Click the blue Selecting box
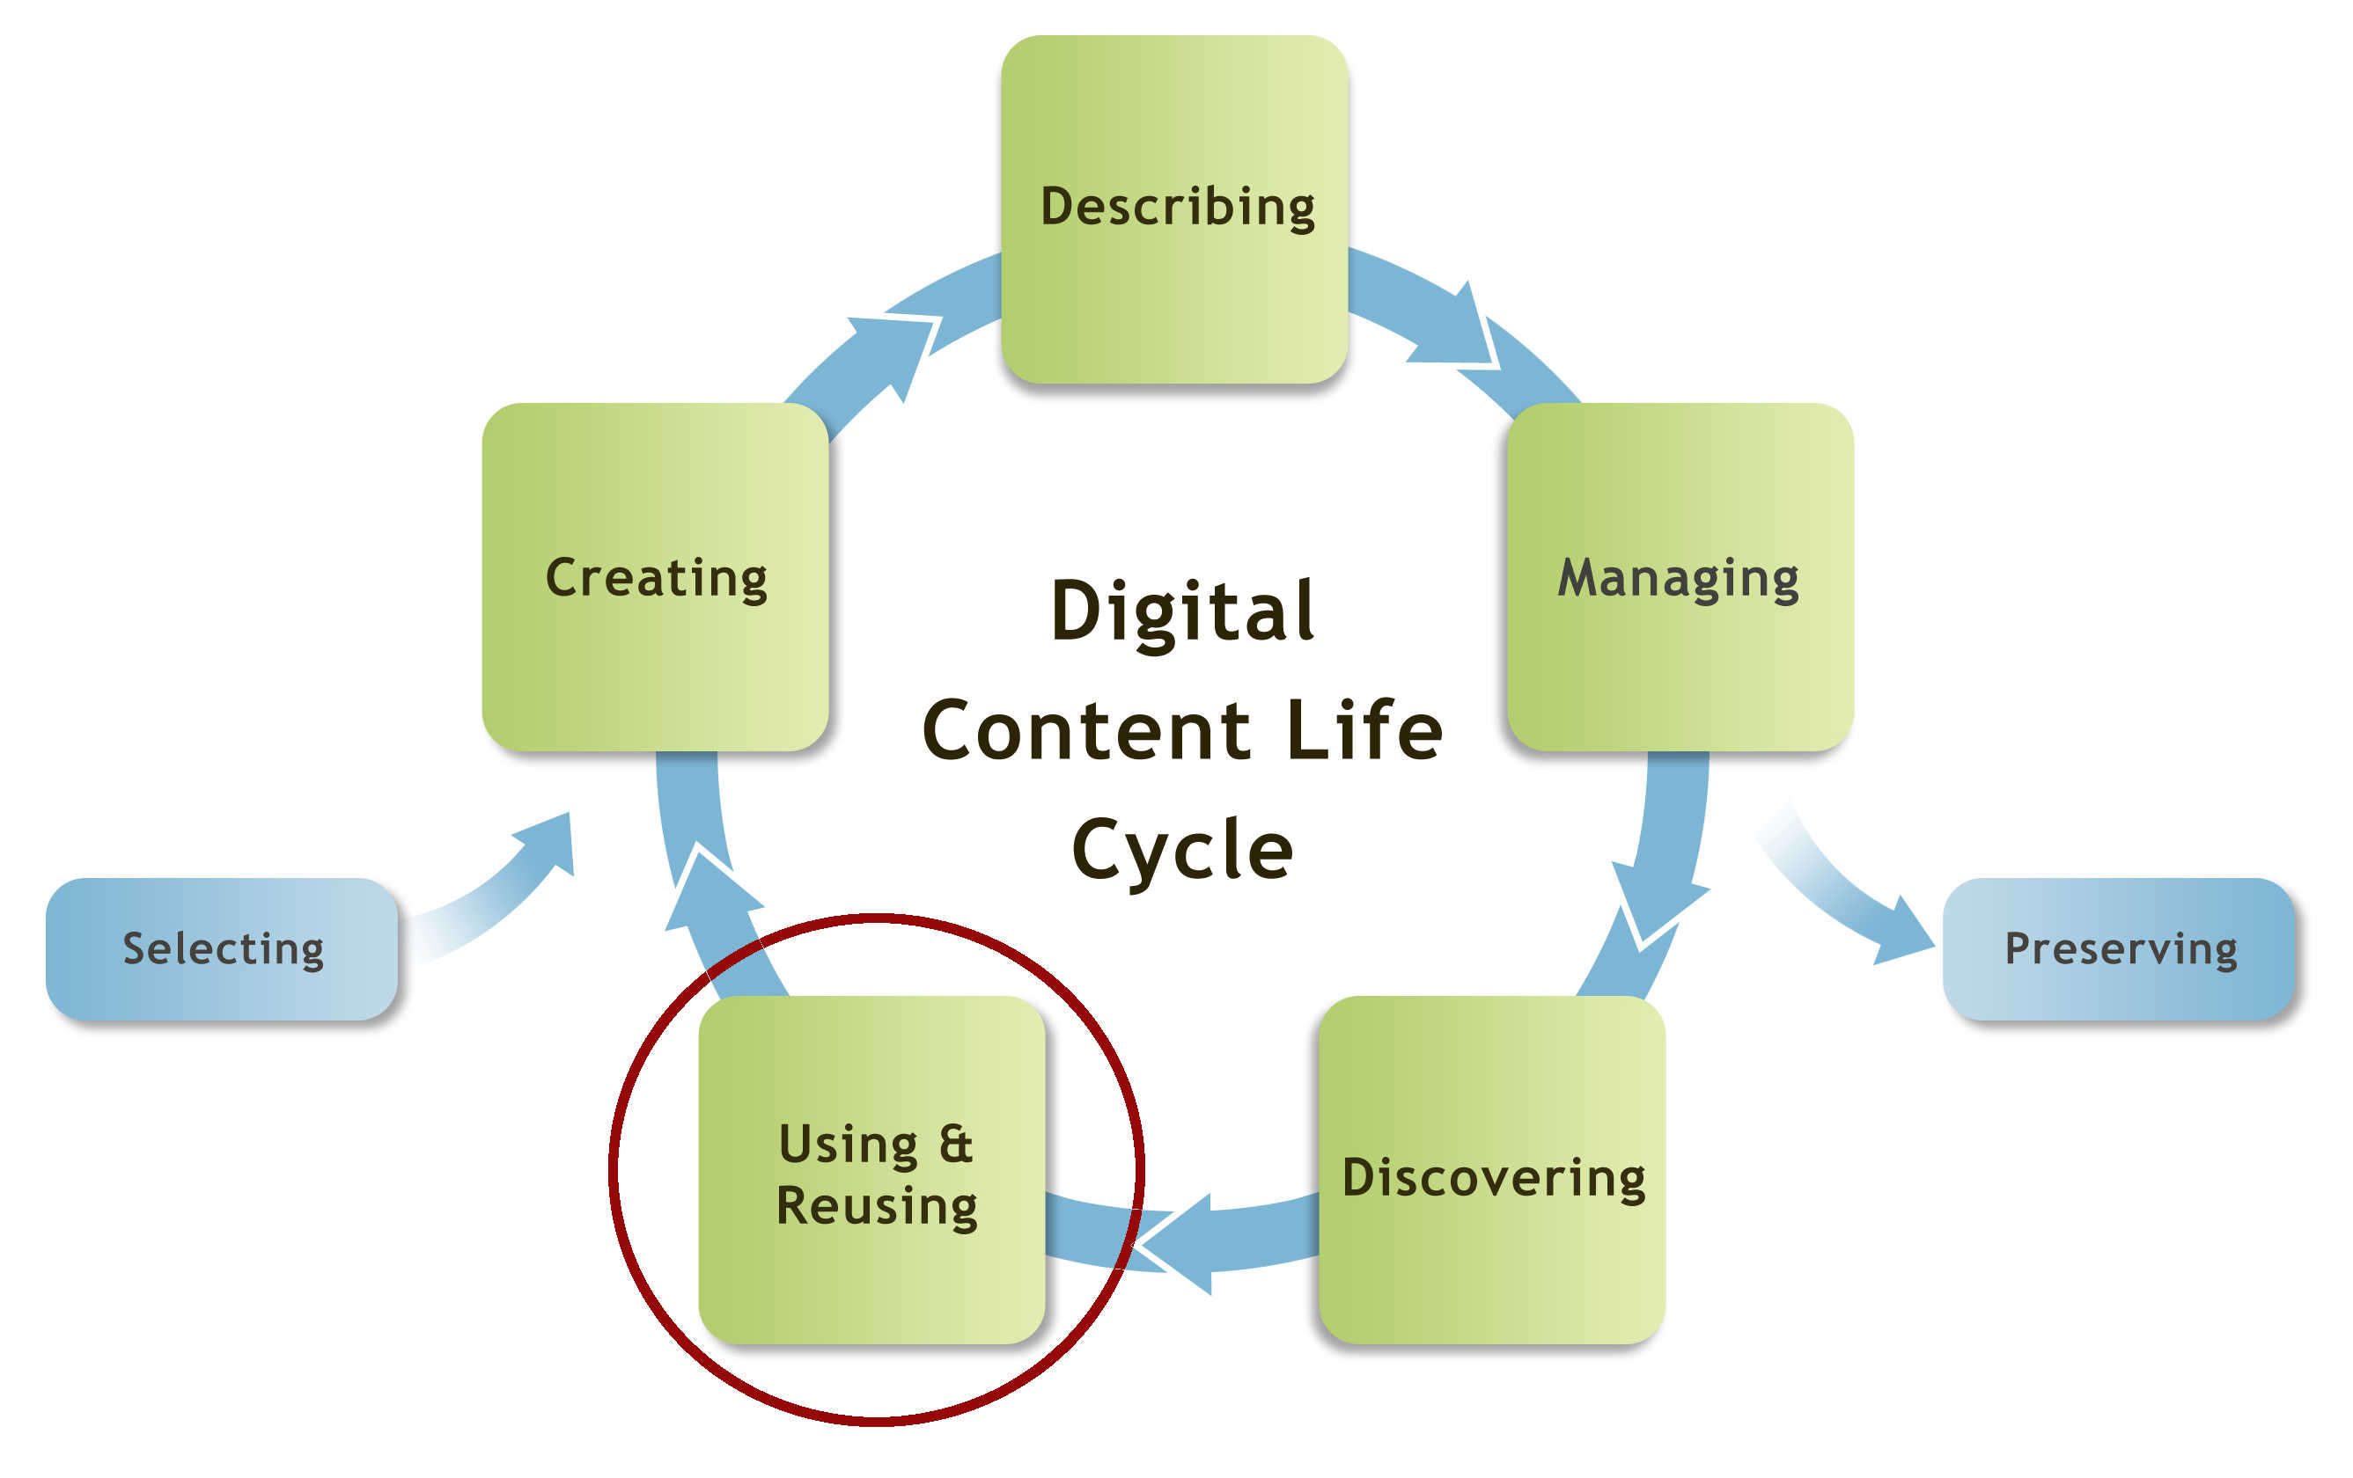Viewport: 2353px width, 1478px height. (x=222, y=948)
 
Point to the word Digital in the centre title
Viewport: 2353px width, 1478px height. (x=1182, y=611)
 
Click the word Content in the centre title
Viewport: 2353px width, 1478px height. (x=1085, y=731)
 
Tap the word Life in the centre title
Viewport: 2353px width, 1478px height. (x=1364, y=731)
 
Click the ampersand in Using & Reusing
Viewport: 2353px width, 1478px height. (x=955, y=1144)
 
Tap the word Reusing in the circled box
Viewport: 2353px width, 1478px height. (x=877, y=1205)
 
